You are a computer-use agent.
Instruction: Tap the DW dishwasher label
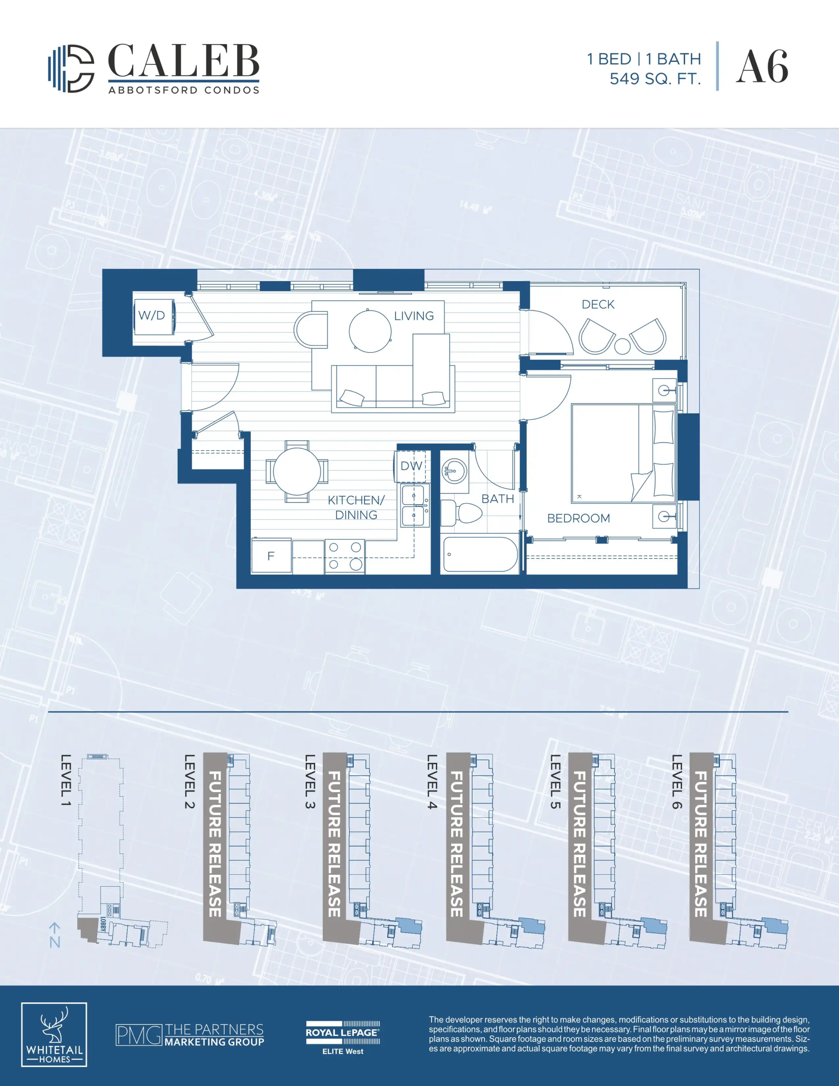coord(411,466)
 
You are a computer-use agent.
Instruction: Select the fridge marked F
coord(271,556)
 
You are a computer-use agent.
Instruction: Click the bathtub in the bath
coord(480,554)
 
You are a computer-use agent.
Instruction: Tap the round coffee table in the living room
coord(370,331)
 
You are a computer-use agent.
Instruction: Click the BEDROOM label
coord(579,518)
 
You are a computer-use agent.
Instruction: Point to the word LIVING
coord(414,316)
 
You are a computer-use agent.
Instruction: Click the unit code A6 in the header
coord(762,67)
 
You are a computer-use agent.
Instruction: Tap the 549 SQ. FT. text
coord(655,79)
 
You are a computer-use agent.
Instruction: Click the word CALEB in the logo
coord(184,61)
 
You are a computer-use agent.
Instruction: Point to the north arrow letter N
coord(55,942)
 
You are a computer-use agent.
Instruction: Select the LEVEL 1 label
coord(66,780)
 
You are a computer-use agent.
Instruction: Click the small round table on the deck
coord(622,346)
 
